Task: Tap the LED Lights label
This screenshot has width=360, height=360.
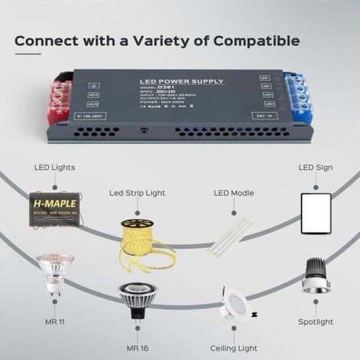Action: click(54, 167)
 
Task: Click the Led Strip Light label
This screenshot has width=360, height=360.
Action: click(137, 192)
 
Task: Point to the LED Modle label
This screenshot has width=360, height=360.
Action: click(232, 193)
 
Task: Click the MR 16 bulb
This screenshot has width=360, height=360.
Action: click(136, 300)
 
